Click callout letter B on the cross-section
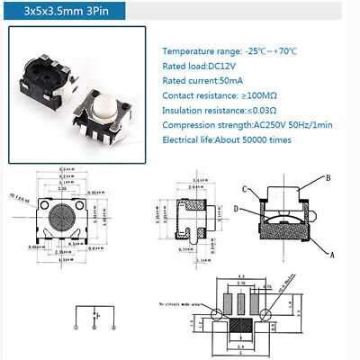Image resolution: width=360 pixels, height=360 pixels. coord(328,176)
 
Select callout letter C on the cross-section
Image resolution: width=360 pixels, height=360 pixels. coord(245,189)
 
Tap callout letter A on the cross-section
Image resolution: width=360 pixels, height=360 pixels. coord(332,256)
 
